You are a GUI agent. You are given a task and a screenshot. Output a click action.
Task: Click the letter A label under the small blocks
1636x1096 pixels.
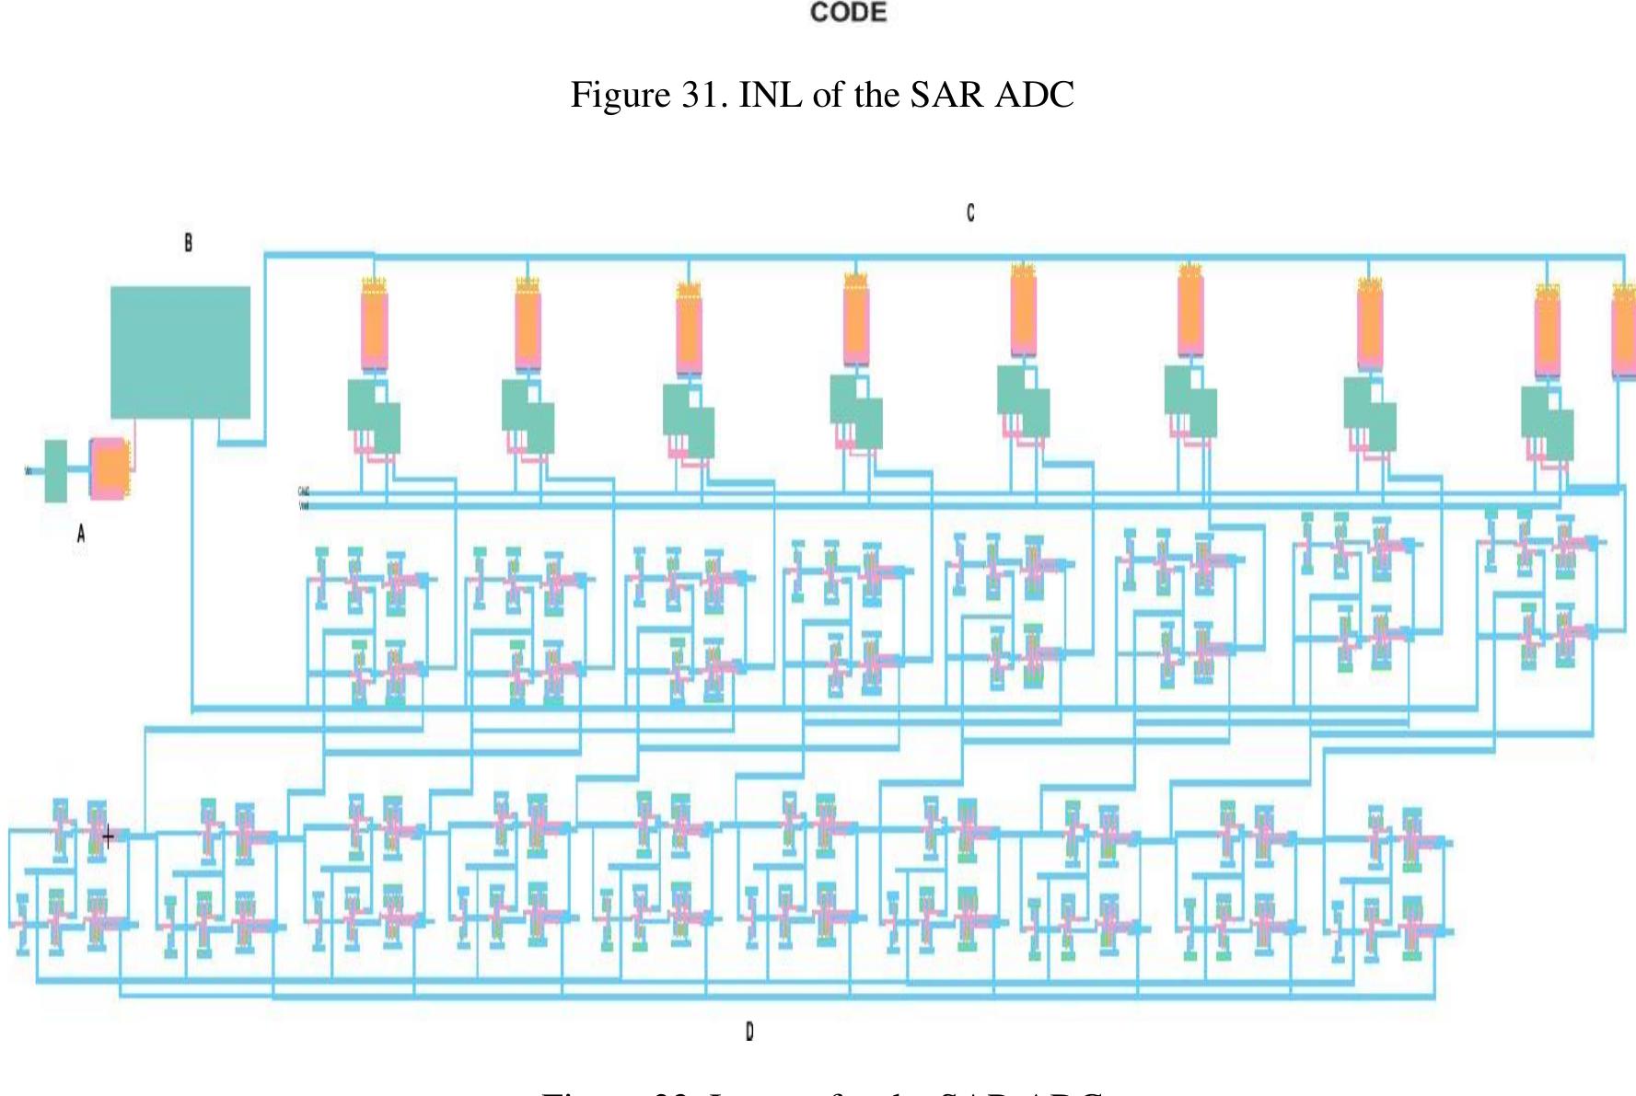click(x=81, y=533)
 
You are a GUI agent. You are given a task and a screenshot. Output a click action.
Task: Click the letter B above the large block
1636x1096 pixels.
click(x=188, y=243)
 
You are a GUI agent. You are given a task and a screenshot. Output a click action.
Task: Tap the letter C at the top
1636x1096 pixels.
click(x=970, y=213)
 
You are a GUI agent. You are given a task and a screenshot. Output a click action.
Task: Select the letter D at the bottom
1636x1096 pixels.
click(x=749, y=1033)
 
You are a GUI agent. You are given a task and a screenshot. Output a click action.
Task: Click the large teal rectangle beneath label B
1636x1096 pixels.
click(x=180, y=352)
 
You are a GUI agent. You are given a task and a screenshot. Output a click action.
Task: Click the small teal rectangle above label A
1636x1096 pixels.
click(x=56, y=471)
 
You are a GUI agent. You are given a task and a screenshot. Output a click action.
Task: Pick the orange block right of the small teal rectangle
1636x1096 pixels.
click(x=110, y=468)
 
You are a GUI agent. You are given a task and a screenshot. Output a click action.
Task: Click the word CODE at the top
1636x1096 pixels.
click(x=848, y=13)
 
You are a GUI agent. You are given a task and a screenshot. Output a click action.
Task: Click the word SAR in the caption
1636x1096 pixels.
click(x=948, y=95)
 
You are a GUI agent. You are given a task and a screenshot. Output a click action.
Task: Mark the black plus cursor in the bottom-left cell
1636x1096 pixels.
click(x=108, y=837)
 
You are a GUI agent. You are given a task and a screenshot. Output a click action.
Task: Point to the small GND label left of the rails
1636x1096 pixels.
click(x=303, y=491)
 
